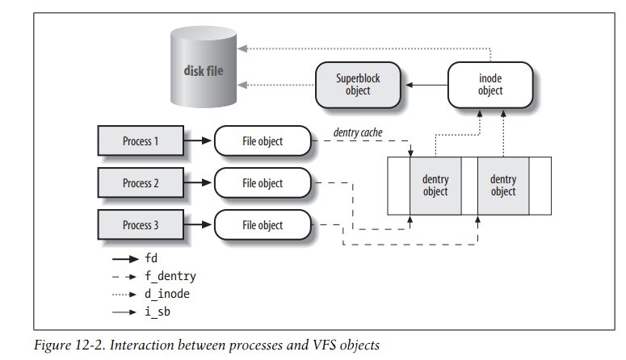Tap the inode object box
(x=489, y=85)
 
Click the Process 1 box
(x=140, y=141)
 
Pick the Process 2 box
(x=140, y=183)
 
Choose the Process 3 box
(x=140, y=225)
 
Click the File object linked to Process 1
(x=263, y=141)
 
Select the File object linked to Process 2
(x=263, y=183)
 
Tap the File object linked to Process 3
(x=263, y=225)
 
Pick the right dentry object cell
(x=502, y=186)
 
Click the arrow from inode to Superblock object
(x=426, y=85)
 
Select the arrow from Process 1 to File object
(x=198, y=141)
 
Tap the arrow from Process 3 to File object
(x=198, y=225)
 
